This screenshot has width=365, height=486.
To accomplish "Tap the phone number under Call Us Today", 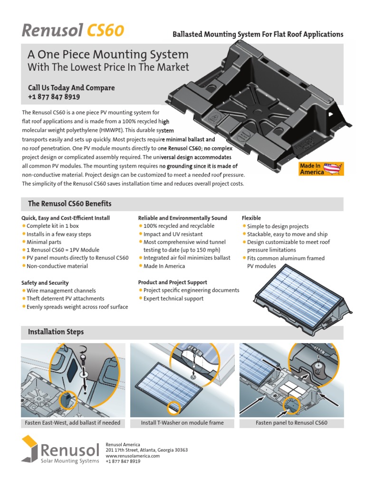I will pyautogui.click(x=54, y=97).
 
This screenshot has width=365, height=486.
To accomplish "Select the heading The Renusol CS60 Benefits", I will pyautogui.click(x=70, y=204).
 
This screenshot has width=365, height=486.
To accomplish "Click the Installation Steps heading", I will pyautogui.click(x=56, y=332).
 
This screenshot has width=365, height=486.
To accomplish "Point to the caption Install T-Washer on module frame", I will pyautogui.click(x=182, y=423).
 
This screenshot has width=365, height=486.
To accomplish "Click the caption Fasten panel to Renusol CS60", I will pyautogui.click(x=291, y=423).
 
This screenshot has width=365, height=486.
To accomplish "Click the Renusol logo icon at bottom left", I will pyautogui.click(x=30, y=448).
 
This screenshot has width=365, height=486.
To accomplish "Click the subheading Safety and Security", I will pyautogui.click(x=45, y=282).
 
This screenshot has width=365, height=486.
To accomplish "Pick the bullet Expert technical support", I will pyautogui.click(x=173, y=299).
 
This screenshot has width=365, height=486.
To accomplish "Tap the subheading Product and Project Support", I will pyautogui.click(x=173, y=282).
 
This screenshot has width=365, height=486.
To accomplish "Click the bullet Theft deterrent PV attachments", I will pyautogui.click(x=65, y=299).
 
